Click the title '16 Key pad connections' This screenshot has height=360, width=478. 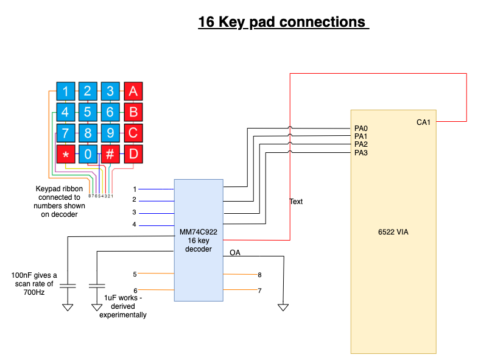[283, 23]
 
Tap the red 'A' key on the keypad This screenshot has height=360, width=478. [133, 91]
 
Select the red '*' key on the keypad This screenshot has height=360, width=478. [66, 155]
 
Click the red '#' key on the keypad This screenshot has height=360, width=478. [110, 155]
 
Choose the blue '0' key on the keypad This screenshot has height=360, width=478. [88, 155]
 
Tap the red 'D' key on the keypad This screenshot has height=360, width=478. [133, 155]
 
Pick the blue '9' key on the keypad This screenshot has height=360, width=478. [110, 133]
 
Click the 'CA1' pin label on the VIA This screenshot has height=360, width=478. [423, 122]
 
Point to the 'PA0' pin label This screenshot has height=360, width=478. [361, 129]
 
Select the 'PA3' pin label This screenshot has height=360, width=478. [361, 153]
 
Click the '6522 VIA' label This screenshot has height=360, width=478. [393, 232]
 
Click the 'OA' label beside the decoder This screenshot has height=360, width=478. [234, 252]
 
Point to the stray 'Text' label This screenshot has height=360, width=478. [296, 202]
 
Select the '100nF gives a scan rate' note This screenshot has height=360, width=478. [34, 283]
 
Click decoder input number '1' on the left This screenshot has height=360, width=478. [135, 189]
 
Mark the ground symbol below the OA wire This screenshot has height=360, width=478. [283, 307]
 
